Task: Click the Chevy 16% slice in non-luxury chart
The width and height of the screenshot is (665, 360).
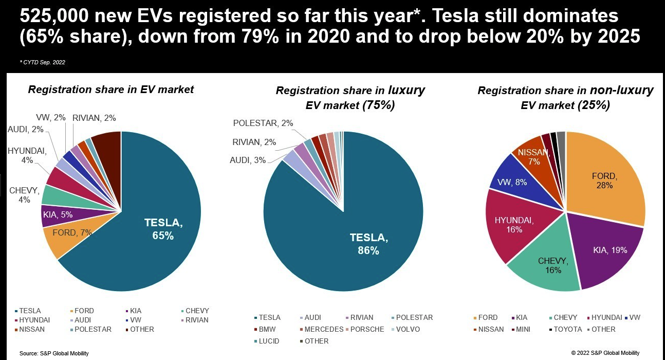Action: point(553,264)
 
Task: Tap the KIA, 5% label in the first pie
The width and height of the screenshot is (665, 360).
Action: point(58,214)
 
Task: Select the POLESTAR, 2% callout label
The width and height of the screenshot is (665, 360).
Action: point(263,123)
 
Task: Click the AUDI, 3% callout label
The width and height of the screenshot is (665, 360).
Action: point(248,160)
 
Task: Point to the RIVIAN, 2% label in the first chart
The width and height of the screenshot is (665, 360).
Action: point(94,118)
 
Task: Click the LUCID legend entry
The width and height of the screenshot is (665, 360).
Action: point(268,341)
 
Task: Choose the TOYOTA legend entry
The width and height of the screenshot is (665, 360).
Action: point(567,329)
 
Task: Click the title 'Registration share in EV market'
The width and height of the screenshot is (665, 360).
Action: point(111,89)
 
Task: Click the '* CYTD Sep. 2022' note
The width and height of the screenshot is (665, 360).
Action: point(43,62)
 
